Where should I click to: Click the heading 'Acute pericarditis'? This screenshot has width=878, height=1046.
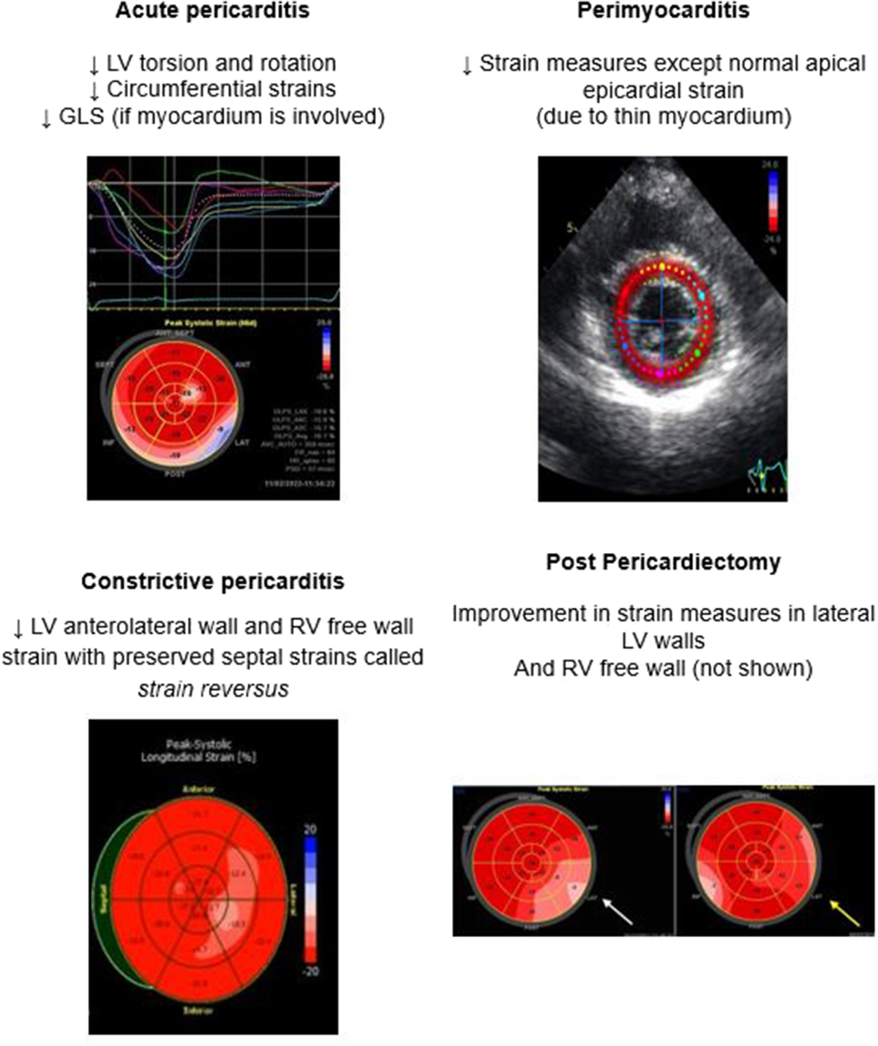coord(212,11)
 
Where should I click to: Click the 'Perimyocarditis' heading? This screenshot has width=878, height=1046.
coord(663,11)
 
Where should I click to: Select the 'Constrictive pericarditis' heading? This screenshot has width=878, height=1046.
coord(212,582)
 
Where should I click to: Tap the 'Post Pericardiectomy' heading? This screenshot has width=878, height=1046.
coord(663,562)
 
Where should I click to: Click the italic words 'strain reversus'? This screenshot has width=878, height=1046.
coord(213,688)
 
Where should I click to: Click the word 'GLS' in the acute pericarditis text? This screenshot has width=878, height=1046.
coord(78,117)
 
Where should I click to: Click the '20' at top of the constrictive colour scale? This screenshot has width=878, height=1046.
coord(310,829)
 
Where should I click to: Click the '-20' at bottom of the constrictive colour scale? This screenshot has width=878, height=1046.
coord(310,971)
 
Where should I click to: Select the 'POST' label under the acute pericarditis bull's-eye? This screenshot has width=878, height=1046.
coord(176,473)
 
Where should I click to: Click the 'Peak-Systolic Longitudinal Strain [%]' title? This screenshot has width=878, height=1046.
coord(198,751)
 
